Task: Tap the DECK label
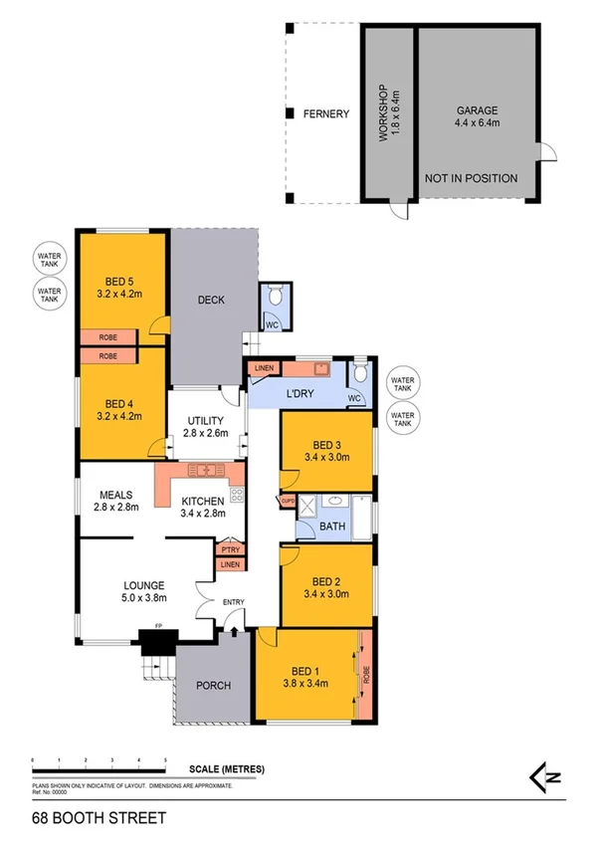click(210, 299)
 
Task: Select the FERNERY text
click(326, 114)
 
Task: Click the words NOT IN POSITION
click(471, 179)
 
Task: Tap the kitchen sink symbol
click(205, 470)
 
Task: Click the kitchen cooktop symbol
click(238, 494)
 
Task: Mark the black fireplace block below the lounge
click(156, 645)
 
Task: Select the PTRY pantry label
click(230, 548)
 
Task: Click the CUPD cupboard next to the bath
click(288, 501)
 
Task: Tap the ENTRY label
click(234, 601)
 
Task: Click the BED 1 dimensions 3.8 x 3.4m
click(306, 683)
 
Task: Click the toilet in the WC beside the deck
click(275, 295)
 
